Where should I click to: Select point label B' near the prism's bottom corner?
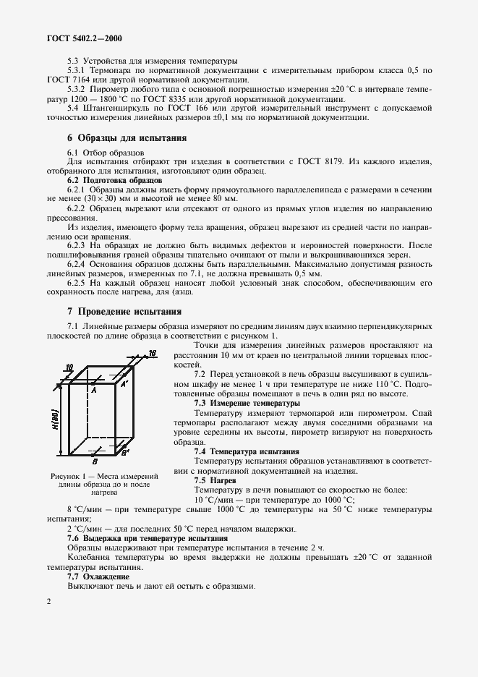(125, 453)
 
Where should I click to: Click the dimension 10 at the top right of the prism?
(152, 353)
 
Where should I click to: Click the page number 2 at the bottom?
(48, 601)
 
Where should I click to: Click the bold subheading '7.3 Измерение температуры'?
(246, 402)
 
